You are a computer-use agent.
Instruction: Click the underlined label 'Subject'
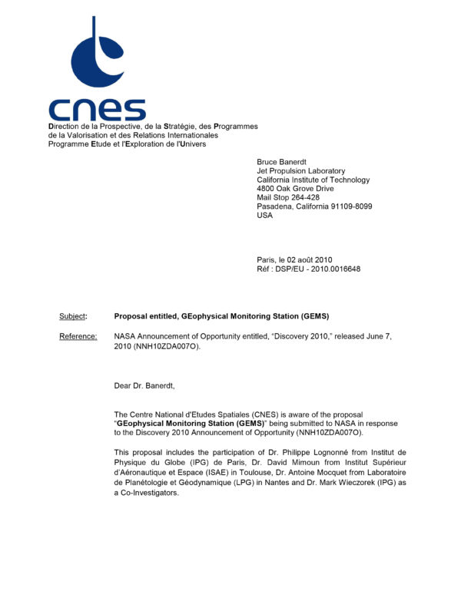(x=73, y=316)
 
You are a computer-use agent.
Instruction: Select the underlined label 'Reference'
(x=78, y=336)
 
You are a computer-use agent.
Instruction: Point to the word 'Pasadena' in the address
(x=276, y=206)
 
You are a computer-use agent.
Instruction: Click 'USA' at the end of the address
(x=264, y=215)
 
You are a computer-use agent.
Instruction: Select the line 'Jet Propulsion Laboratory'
(x=300, y=171)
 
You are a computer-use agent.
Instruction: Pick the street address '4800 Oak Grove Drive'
(x=295, y=188)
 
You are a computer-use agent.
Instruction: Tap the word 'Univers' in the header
(x=191, y=144)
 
